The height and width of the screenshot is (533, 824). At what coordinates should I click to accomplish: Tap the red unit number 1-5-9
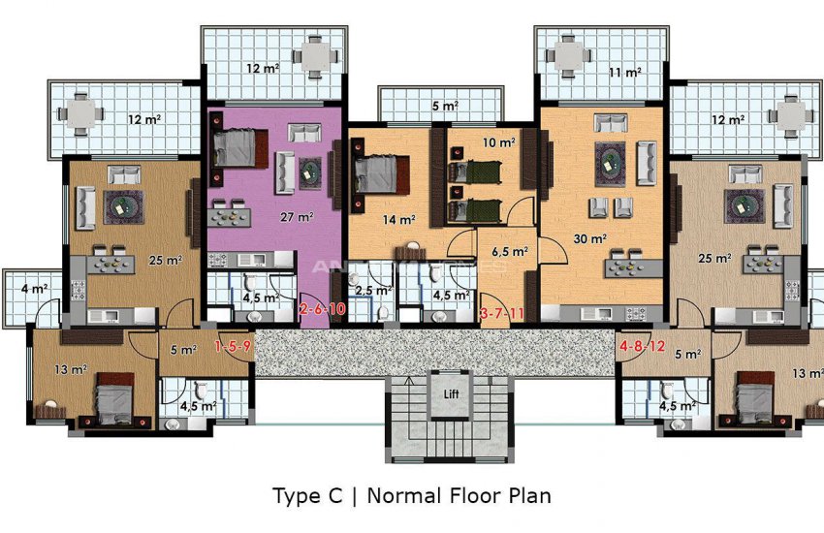(233, 346)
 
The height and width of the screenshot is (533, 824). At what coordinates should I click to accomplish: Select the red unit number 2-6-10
(323, 310)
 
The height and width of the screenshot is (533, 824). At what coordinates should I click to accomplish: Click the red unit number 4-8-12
(641, 346)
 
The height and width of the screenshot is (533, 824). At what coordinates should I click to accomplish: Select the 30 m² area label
(590, 237)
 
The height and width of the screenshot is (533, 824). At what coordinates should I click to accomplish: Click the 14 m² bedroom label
(397, 220)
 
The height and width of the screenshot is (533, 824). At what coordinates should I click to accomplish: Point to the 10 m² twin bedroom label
(497, 143)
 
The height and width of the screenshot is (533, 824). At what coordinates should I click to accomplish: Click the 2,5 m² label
(372, 290)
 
